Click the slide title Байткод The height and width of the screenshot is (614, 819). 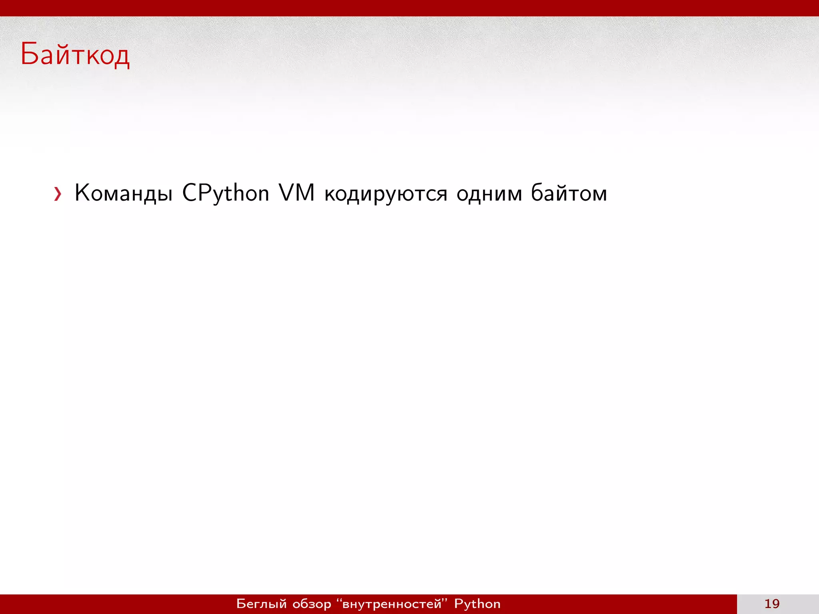75,55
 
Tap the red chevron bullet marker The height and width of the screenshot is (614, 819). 58,194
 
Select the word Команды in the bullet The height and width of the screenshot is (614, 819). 124,193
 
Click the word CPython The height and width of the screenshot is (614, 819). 226,193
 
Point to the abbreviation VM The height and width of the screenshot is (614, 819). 297,193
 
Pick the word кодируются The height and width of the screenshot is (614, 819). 386,194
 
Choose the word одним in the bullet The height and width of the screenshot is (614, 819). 489,193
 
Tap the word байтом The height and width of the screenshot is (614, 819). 569,193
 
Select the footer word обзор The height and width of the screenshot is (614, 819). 312,604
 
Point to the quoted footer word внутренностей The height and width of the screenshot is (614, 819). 392,604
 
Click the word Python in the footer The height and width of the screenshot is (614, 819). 477,604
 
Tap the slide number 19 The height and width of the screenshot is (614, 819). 772,604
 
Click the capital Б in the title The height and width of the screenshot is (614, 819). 30,54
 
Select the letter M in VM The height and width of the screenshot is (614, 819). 305,193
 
